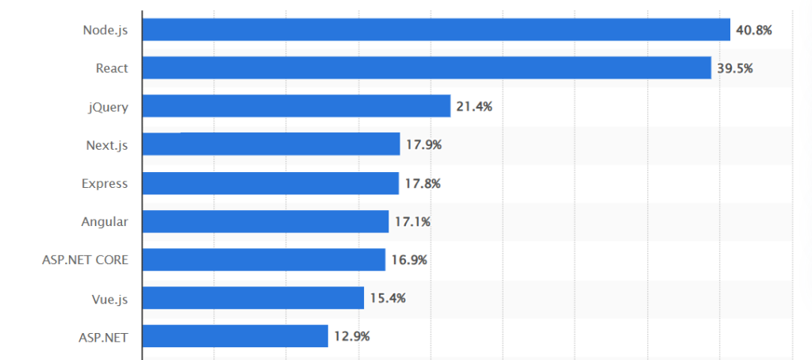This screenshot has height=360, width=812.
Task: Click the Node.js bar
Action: pos(436,30)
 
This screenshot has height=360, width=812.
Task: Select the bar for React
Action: pos(427,68)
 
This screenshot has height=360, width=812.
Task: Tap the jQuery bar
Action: pos(297,106)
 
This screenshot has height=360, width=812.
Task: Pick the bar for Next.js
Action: pos(271,144)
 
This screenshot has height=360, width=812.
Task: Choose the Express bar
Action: pos(270,183)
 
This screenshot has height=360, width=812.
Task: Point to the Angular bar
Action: pos(266,221)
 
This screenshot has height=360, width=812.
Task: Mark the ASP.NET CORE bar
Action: pos(264,259)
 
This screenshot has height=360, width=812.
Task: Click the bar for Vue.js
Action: pos(253,298)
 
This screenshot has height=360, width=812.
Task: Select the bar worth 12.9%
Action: pos(236,336)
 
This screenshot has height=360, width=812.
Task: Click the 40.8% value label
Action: pos(754,30)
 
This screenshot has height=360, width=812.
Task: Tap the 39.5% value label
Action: pos(735,68)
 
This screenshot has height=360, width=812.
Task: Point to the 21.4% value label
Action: pos(474,106)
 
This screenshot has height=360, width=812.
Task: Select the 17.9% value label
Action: pos(423,145)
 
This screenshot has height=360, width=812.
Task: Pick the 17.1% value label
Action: pos(412,221)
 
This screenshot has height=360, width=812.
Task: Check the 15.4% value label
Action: pos(388,298)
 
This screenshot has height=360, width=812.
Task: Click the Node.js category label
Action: pos(105,30)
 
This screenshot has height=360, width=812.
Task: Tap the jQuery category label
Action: pos(108,107)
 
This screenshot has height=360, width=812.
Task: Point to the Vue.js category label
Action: pos(109,298)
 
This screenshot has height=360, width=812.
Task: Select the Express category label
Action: pos(105,183)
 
